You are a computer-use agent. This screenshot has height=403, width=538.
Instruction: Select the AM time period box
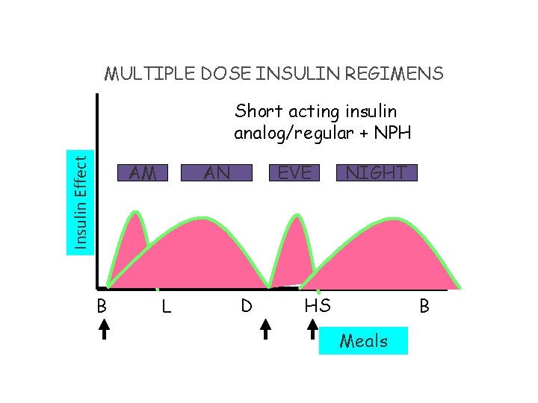[142, 172]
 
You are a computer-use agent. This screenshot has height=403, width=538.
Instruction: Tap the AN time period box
[217, 172]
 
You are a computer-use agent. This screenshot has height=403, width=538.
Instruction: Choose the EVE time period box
[294, 172]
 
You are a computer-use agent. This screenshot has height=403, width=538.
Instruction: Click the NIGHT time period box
[377, 172]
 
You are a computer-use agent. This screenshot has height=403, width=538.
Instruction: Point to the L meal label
[166, 306]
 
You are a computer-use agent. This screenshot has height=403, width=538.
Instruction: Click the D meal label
[245, 305]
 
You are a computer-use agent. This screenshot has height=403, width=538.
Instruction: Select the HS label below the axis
[318, 305]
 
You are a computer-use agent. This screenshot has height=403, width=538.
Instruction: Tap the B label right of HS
[424, 306]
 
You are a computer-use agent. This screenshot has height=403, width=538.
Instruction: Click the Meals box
[363, 341]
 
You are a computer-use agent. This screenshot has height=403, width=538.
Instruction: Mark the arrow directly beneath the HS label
[314, 331]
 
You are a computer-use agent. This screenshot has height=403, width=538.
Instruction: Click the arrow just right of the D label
[267, 331]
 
